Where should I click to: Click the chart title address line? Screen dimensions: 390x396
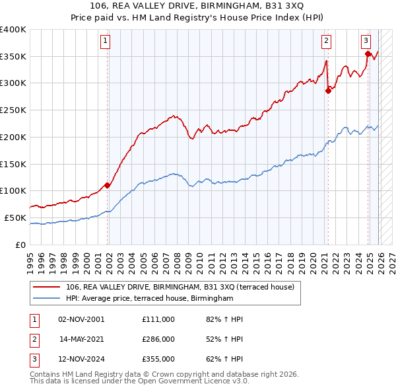(198, 7)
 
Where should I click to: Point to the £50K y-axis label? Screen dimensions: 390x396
(16, 217)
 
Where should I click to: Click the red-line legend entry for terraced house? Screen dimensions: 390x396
(183, 287)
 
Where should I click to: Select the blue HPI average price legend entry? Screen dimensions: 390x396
(150, 299)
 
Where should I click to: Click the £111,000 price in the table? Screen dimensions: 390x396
(158, 319)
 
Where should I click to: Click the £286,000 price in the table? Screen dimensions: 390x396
(158, 339)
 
